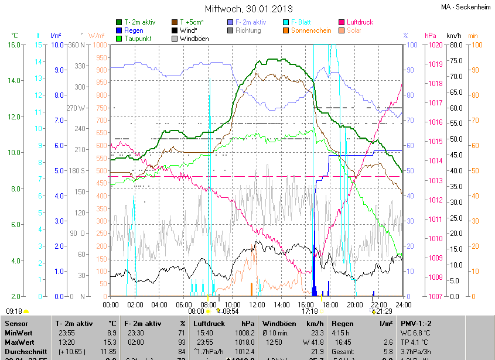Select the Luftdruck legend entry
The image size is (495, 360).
coord(360,22)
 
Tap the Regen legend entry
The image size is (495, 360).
coord(134,30)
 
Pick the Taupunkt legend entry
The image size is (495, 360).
coord(138,38)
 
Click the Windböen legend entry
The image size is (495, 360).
coord(194,38)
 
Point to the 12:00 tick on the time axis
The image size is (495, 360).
coord(257,304)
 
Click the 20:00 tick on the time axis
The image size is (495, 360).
coord(354,304)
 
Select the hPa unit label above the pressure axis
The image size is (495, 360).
coord(431,35)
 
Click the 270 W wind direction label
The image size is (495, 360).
coord(76,108)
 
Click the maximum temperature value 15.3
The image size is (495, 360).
coord(110,342)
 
